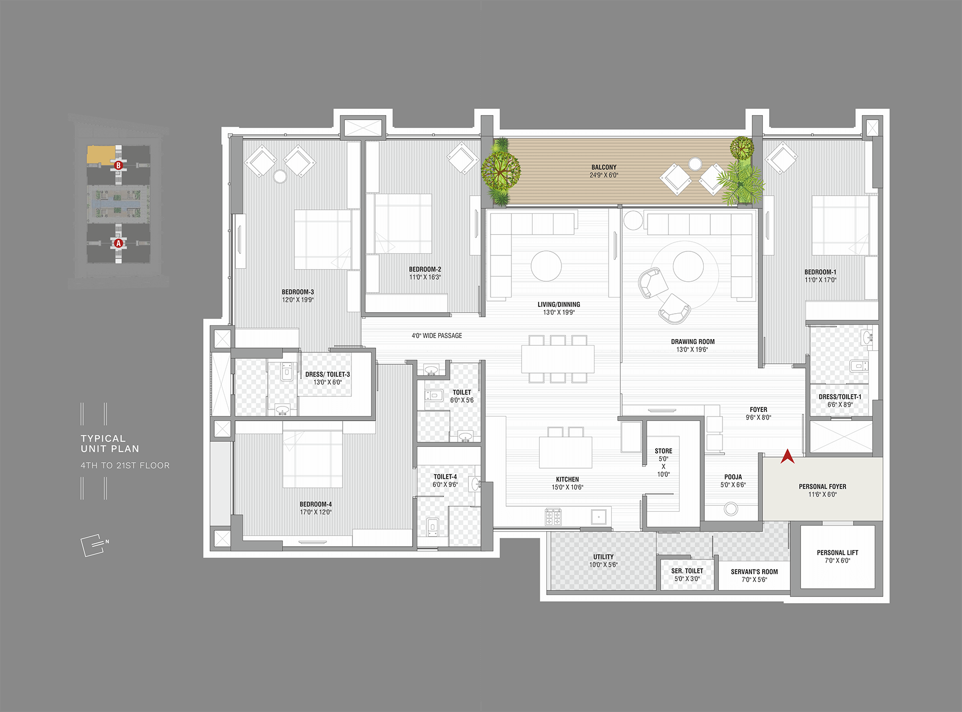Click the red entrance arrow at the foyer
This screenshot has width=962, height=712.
click(x=787, y=456)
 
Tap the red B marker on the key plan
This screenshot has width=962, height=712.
click(x=118, y=165)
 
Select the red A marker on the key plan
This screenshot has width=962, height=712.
click(x=118, y=243)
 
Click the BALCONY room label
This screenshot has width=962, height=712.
click(x=604, y=167)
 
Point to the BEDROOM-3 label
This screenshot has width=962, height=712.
click(x=298, y=292)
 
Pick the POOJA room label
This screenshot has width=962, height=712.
click(x=733, y=477)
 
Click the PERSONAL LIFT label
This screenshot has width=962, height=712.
click(x=837, y=552)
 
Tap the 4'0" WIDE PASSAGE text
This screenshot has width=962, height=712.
click(x=437, y=335)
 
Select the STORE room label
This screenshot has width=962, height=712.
click(x=663, y=451)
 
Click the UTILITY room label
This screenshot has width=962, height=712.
click(x=604, y=557)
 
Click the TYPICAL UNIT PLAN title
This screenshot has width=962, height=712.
click(x=110, y=444)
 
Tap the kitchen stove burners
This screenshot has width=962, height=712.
click(x=553, y=517)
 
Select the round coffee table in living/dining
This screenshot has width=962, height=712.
click(x=546, y=266)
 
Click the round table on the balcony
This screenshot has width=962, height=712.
click(x=695, y=164)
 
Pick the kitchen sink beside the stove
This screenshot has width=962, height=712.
click(x=599, y=517)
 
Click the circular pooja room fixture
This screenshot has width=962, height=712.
click(x=731, y=508)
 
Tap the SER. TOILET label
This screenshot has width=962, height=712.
click(x=687, y=571)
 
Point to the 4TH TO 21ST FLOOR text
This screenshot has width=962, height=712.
click(x=125, y=465)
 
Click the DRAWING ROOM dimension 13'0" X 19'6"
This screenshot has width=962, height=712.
click(x=692, y=350)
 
